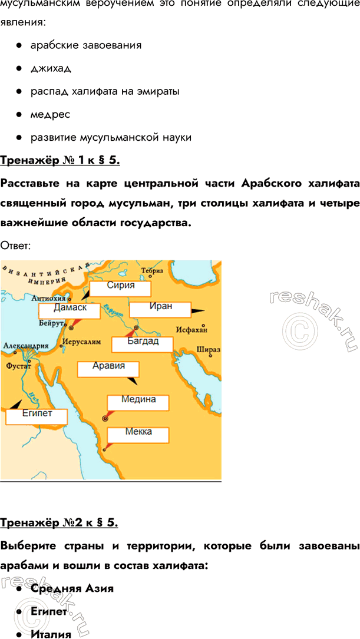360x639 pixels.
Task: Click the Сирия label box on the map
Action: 121,288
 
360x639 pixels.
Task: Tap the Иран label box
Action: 160,309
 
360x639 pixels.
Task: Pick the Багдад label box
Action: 143,343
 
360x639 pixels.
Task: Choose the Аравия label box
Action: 108,368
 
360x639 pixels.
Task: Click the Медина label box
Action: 138,402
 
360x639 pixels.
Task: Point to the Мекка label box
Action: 138,434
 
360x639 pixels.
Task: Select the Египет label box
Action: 37,416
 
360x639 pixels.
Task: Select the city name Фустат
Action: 18,366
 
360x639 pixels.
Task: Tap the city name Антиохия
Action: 53,298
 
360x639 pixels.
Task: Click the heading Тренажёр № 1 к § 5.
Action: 61,160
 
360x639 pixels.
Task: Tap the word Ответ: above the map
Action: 18,245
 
